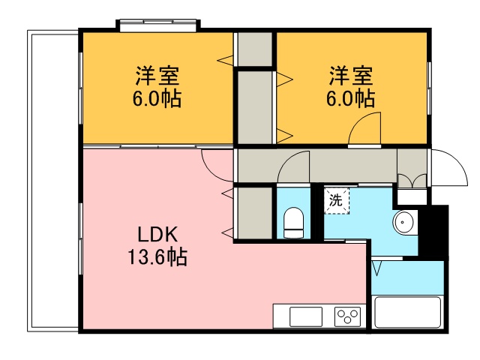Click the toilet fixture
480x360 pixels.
pos(293,222)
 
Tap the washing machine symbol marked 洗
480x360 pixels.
pos(337,201)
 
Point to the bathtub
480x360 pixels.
pos(407,311)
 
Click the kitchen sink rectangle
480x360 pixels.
pos(305,316)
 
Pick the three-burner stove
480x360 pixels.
pos(347,316)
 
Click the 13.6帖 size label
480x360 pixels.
pos(157,257)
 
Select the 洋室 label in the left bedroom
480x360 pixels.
pos(157,76)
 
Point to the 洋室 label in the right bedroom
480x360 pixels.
pos(351,76)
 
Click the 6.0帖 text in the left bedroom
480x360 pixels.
pos(157,99)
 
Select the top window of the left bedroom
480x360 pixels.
pos(157,25)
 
